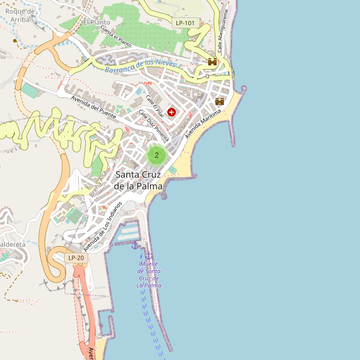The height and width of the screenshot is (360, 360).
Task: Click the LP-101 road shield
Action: pos(185,23)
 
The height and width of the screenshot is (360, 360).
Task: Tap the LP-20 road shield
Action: pos(76,259)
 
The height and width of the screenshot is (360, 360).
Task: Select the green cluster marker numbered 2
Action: pos(157,155)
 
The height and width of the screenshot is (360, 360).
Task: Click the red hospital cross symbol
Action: pos(172,112)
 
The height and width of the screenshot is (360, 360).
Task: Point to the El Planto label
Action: pos(96,22)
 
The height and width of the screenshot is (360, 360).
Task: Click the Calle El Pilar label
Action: pos(154,105)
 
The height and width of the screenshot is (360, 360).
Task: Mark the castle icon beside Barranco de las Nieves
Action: pos(212,62)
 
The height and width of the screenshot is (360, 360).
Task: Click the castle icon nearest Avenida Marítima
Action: pos(220,101)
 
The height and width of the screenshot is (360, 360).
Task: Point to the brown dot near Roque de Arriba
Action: pos(16,41)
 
